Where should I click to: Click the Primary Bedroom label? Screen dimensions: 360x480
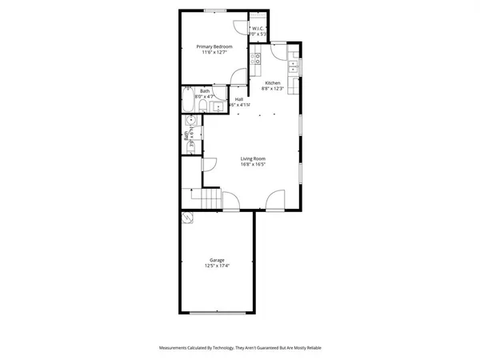point(213,46)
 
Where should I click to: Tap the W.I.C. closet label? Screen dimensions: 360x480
point(258,29)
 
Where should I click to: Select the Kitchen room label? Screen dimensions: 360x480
point(273,83)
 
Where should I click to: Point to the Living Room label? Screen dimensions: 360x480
point(253,158)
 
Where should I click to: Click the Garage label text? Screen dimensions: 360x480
point(217,260)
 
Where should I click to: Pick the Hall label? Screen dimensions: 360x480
point(239,99)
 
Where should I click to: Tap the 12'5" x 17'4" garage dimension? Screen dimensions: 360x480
point(217,266)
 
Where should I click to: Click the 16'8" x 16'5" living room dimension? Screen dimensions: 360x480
point(253,165)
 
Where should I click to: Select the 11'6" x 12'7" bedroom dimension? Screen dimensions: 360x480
point(213,53)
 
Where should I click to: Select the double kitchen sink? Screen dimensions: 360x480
point(294,66)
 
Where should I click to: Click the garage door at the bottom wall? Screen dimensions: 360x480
point(217,312)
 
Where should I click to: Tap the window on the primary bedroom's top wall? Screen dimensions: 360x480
point(214,10)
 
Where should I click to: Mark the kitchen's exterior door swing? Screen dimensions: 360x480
point(277,50)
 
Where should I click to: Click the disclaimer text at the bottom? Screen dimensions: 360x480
point(240,348)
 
